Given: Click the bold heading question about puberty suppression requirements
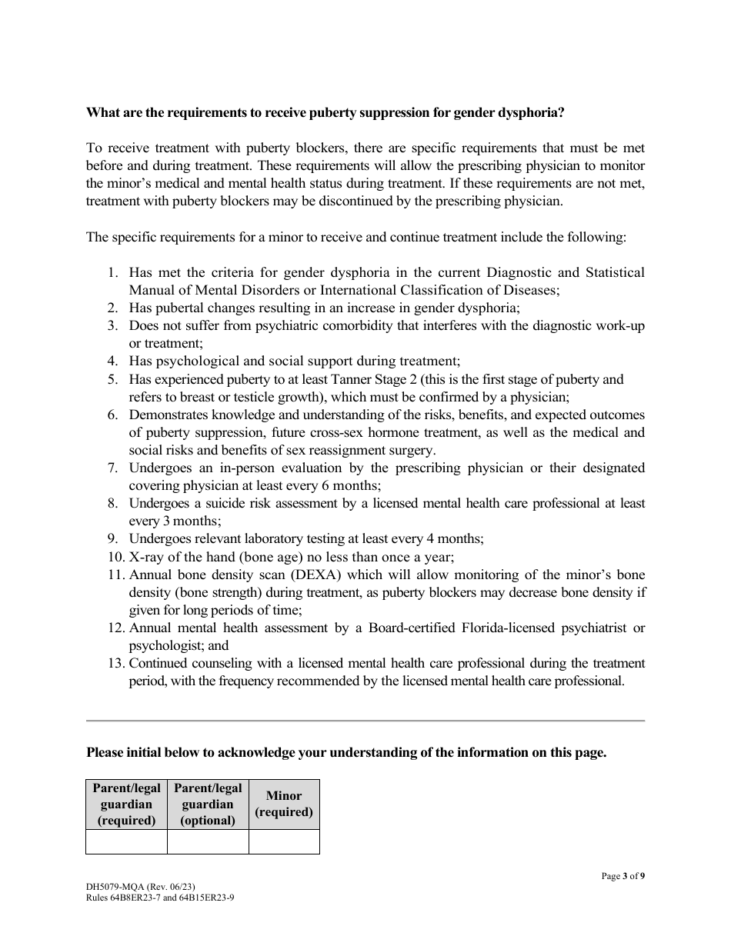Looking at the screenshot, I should (x=325, y=113).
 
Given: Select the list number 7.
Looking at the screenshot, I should (x=112, y=468).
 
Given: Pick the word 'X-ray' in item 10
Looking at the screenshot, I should (x=146, y=558).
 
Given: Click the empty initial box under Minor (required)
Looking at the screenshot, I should (x=284, y=841).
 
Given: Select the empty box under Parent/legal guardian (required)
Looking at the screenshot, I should (x=126, y=841).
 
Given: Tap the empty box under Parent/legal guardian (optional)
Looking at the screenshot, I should (x=208, y=841).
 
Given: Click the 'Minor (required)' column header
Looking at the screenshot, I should (x=284, y=804).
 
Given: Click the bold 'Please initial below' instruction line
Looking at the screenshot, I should (x=346, y=753).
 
